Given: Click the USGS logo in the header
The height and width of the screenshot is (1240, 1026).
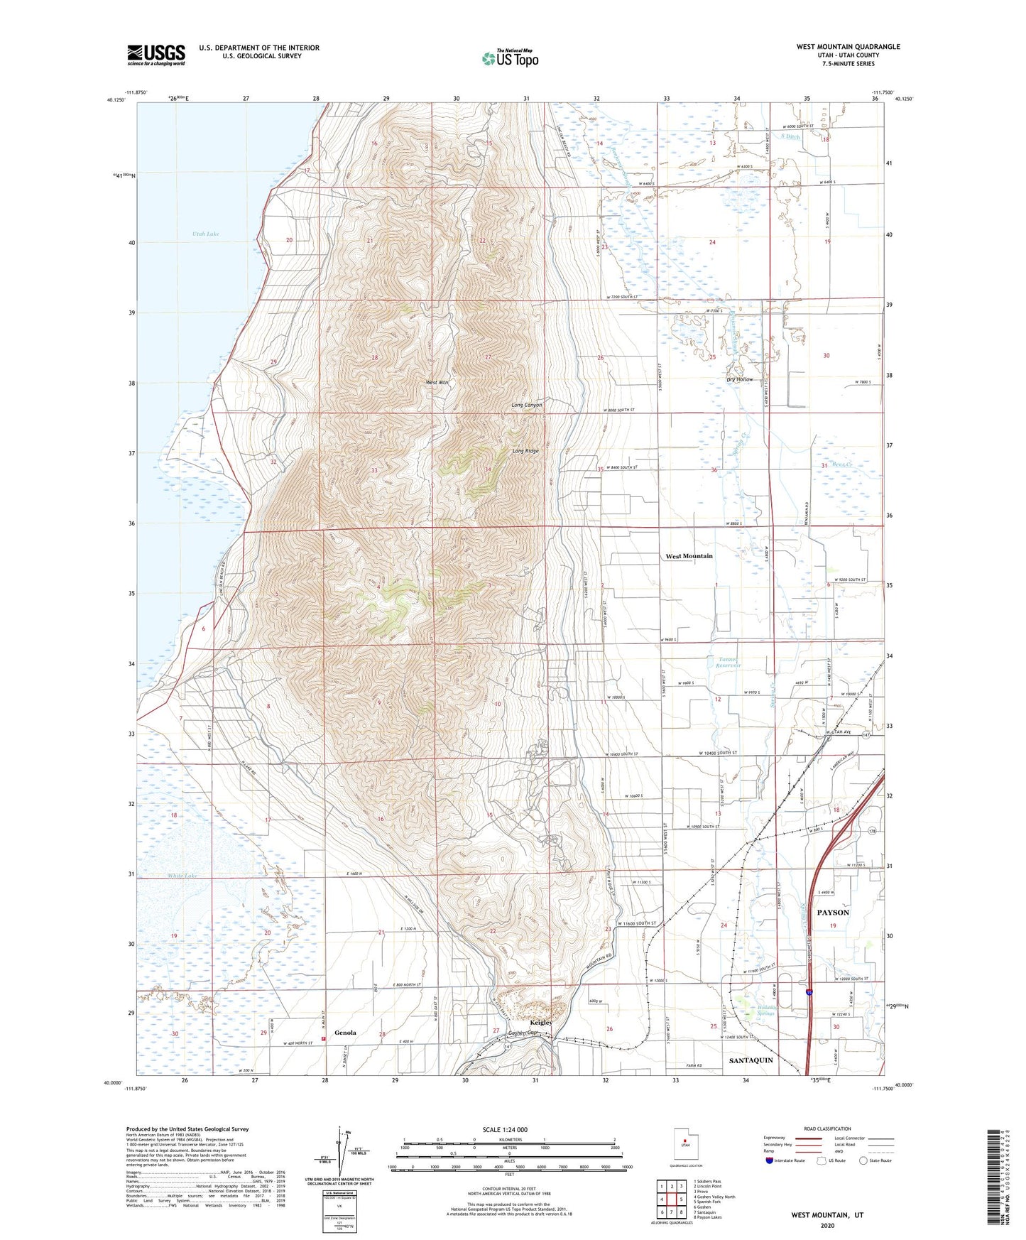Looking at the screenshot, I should (x=156, y=55).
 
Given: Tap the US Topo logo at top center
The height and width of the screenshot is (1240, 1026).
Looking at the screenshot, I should (x=509, y=58).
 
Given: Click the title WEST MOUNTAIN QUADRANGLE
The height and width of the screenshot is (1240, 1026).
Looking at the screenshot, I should (x=848, y=47).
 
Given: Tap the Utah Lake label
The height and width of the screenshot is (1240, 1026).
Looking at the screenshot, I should (x=205, y=234).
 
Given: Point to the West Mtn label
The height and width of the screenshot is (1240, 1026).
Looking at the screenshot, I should (x=437, y=383).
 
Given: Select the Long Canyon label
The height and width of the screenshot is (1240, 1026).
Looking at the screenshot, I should (x=527, y=405).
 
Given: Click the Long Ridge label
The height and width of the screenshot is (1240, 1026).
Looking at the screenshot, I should (x=526, y=451).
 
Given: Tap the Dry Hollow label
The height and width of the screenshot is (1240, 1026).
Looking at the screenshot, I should (x=739, y=380).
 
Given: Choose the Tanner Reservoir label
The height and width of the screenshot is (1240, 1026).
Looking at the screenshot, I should (x=728, y=663).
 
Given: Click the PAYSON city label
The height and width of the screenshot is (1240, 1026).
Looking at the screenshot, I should (x=832, y=912).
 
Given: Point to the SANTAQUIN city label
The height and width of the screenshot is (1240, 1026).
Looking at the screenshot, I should (x=751, y=1060).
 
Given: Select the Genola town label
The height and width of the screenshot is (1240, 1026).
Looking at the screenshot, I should (x=345, y=1033).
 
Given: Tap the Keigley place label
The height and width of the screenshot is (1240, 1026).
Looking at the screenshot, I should (x=540, y=1023).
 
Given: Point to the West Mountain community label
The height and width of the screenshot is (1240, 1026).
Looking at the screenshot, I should (x=689, y=556).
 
